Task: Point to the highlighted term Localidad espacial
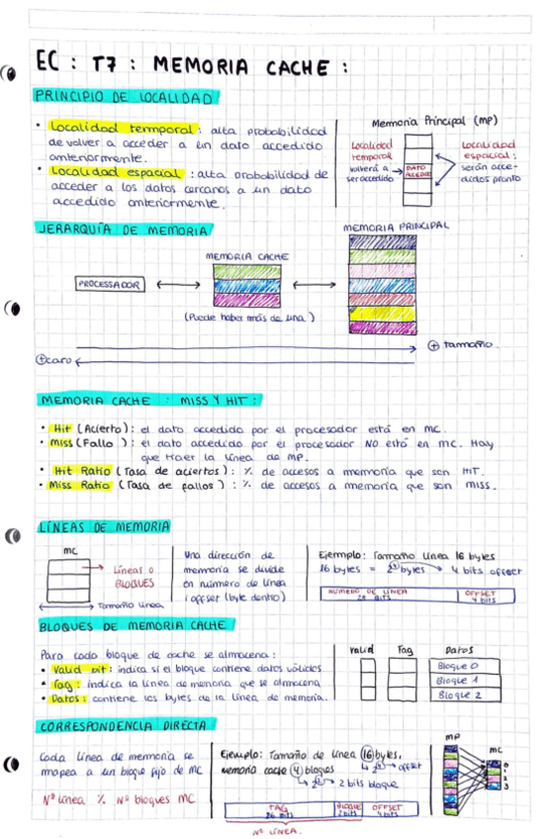click(102, 174)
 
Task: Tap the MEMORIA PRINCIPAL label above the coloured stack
click(396, 227)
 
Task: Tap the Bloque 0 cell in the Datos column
click(457, 667)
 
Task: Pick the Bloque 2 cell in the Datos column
click(457, 697)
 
